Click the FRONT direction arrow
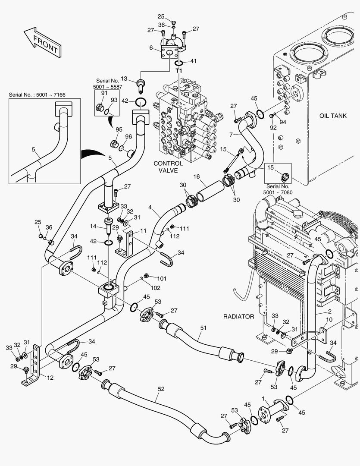click(42, 42)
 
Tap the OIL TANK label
click(333, 116)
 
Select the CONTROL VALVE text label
click(168, 167)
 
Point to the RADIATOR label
click(238, 317)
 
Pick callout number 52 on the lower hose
click(161, 389)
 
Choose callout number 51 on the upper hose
click(203, 328)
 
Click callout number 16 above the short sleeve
click(197, 176)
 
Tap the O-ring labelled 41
click(178, 63)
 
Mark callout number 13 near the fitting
click(124, 79)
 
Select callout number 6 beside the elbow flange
click(151, 47)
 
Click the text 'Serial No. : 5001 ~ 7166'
click(37, 95)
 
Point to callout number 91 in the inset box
click(104, 93)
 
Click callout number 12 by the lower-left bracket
click(50, 378)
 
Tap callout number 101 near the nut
click(162, 278)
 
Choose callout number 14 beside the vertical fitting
click(93, 226)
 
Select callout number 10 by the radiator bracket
click(329, 319)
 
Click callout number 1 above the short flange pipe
click(263, 398)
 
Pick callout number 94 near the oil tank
click(283, 122)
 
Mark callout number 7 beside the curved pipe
click(231, 134)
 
